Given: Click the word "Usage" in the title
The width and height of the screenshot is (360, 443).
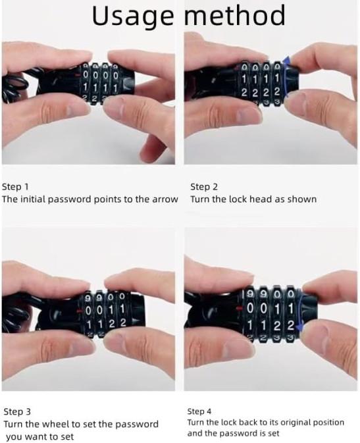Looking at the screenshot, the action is (133, 16).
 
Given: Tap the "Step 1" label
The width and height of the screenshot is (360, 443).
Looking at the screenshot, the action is (15, 187).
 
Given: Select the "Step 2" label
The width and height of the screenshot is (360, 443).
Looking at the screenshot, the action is (204, 187).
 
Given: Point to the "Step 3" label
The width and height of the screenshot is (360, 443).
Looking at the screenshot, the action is (17, 411).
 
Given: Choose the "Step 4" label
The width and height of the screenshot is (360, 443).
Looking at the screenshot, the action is (199, 411).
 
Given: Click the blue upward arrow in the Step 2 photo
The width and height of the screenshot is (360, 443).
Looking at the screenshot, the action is (286, 76).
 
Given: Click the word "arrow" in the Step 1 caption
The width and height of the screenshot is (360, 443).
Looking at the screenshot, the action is (165, 199).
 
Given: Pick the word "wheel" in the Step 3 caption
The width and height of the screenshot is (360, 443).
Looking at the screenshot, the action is (56, 424).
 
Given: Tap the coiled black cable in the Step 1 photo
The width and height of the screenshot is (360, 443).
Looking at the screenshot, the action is (14, 85).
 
